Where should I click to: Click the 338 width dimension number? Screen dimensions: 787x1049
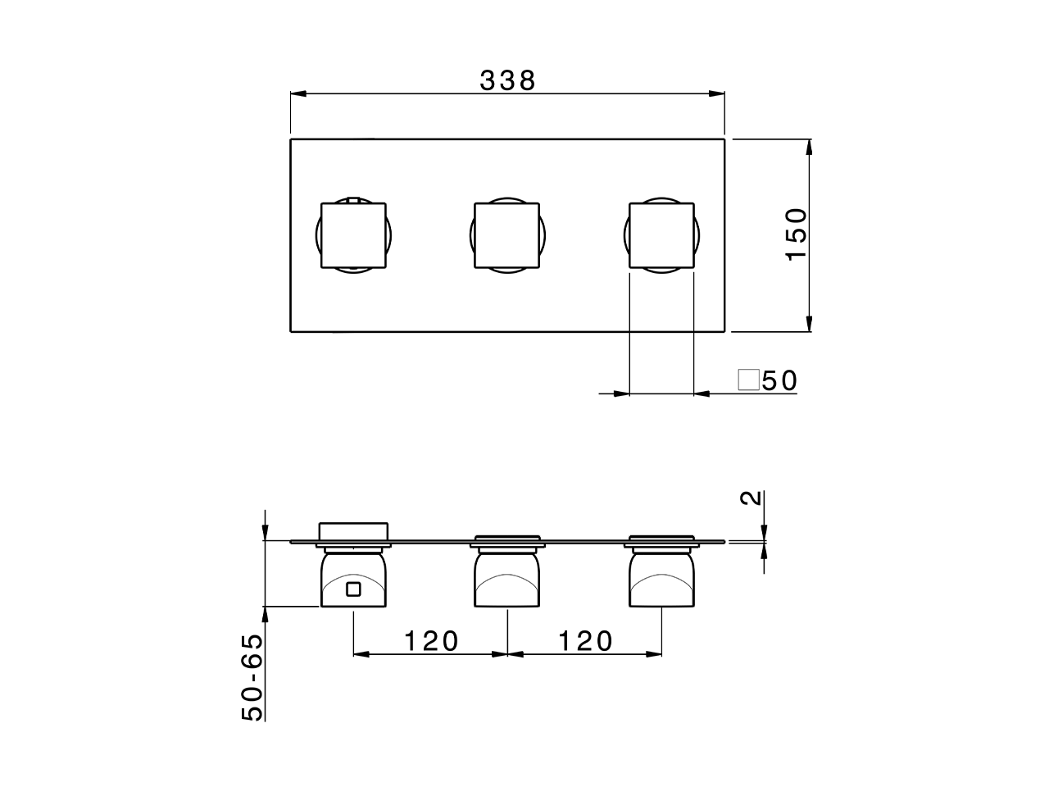[507, 80]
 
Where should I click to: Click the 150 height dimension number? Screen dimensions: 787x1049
[797, 234]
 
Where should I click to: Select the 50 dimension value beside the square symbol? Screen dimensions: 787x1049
[779, 381]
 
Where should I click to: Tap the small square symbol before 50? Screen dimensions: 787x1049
[747, 380]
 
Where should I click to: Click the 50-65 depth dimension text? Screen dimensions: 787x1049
[254, 677]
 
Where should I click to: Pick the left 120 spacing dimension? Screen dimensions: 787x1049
[430, 640]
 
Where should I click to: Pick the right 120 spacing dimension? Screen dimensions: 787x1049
[585, 640]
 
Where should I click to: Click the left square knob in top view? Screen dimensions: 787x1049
[352, 235]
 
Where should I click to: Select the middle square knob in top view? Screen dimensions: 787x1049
[507, 235]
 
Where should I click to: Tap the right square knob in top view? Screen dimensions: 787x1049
[661, 235]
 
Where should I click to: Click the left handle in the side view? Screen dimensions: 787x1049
[352, 580]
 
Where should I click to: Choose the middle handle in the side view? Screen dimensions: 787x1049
[507, 580]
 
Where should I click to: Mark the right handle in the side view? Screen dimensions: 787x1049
[661, 580]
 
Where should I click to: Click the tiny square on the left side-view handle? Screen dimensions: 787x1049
[353, 589]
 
